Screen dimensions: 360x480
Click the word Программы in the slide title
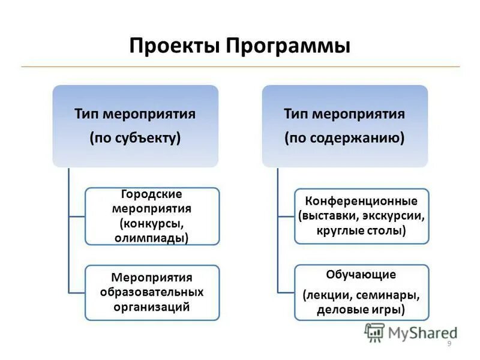pyautogui.click(x=287, y=47)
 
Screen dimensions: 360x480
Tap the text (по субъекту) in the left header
pyautogui.click(x=136, y=138)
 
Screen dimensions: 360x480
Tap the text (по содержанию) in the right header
pyautogui.click(x=344, y=138)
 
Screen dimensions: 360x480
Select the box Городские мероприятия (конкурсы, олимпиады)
pyautogui.click(x=152, y=216)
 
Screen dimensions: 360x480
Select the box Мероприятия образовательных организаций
pyautogui.click(x=152, y=292)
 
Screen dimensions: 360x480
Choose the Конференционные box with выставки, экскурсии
pyautogui.click(x=361, y=215)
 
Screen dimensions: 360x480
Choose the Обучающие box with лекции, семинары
pyautogui.click(x=361, y=292)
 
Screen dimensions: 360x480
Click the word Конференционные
pyautogui.click(x=361, y=200)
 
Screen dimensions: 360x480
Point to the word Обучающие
pyautogui.click(x=361, y=275)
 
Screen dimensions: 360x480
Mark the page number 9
pyautogui.click(x=449, y=343)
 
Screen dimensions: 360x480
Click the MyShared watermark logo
pyautogui.click(x=411, y=332)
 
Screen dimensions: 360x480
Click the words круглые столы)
pyautogui.click(x=361, y=230)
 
